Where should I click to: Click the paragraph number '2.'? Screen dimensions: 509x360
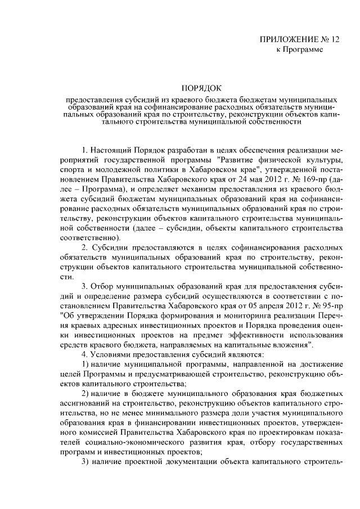pos(85,248)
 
